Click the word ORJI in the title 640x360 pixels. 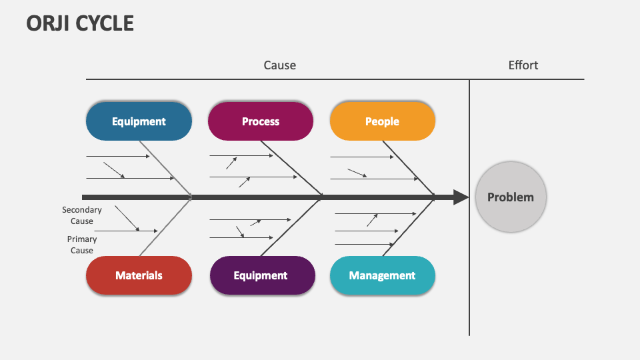(49, 23)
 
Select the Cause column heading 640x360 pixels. (279, 65)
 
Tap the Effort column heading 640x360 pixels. (523, 65)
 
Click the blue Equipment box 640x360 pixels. (139, 121)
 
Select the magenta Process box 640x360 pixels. (261, 121)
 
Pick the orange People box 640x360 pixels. (382, 121)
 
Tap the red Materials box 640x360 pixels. (139, 275)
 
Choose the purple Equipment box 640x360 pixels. (261, 275)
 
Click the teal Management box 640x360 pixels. (382, 275)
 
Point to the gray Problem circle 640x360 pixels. (510, 197)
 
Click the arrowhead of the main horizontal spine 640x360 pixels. (461, 197)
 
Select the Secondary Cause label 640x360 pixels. (82, 215)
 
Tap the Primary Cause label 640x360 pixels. (82, 245)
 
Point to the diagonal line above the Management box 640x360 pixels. (407, 227)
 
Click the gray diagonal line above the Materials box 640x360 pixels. (165, 227)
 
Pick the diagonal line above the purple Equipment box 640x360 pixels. (291, 227)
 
